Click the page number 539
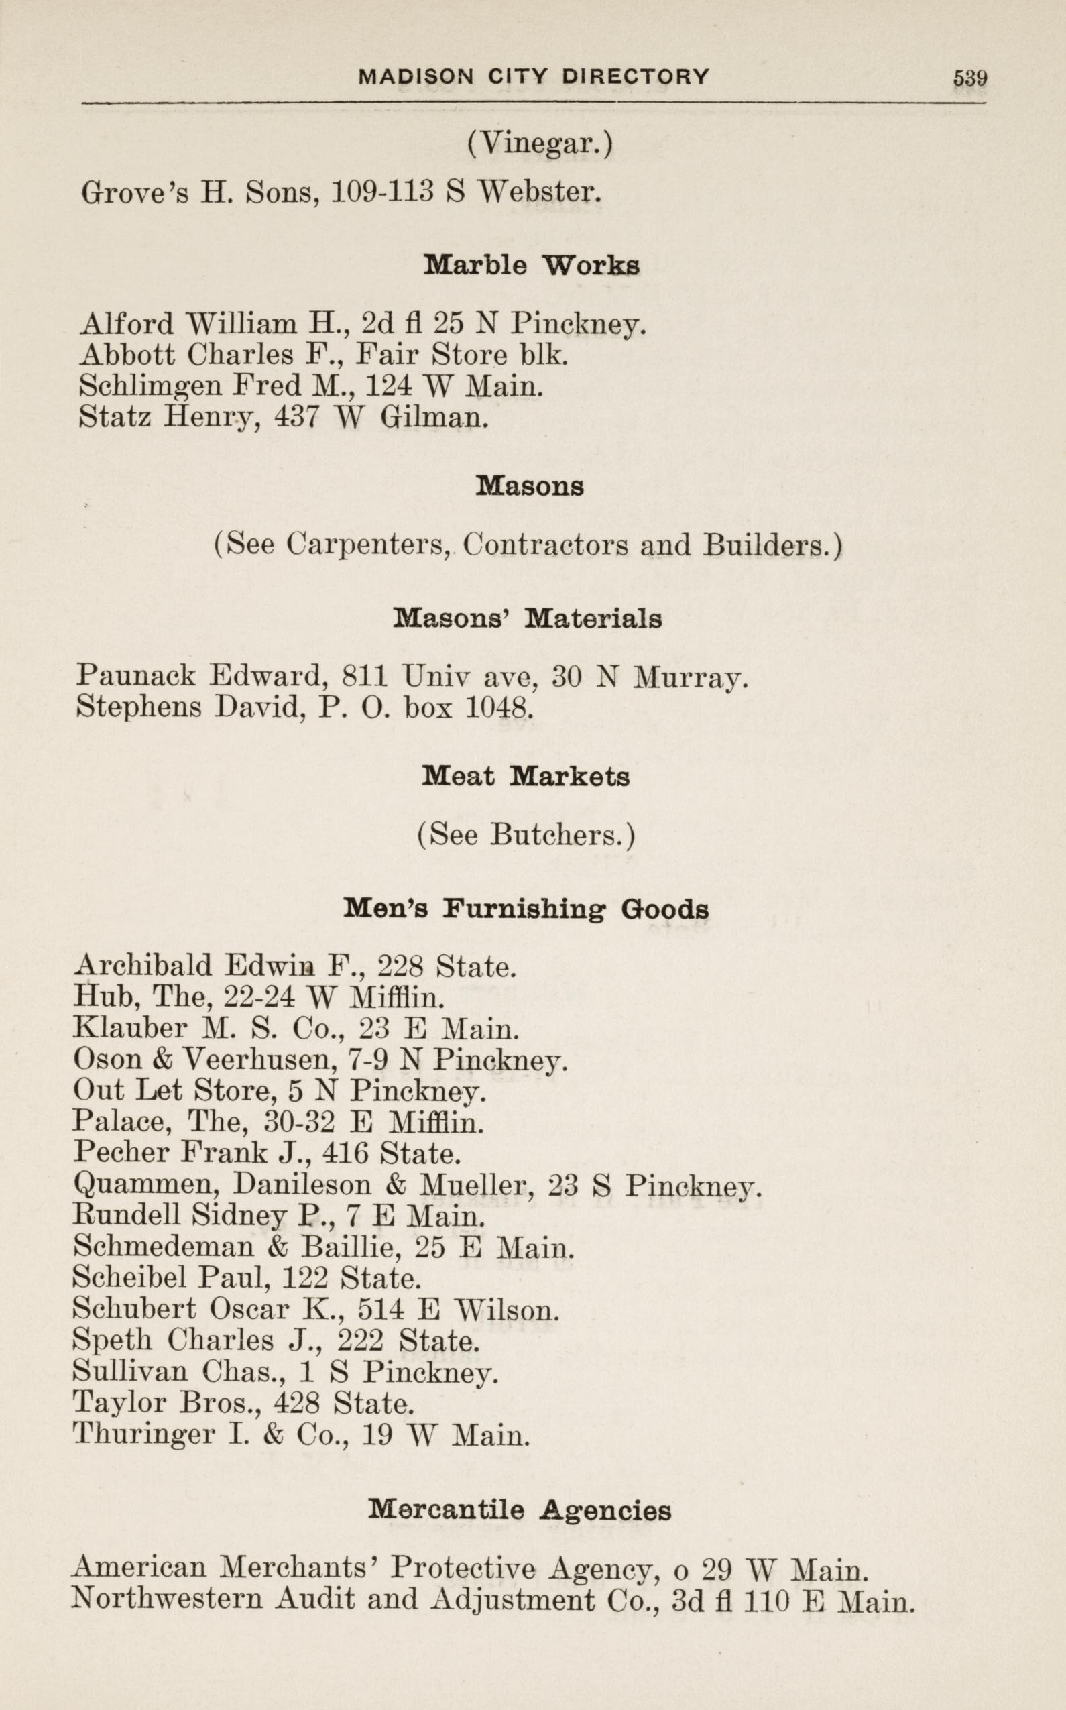[x=969, y=78]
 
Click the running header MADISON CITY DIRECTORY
[x=534, y=76]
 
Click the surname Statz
[x=114, y=418]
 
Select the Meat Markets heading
[x=526, y=777]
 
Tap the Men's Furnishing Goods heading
[x=526, y=909]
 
